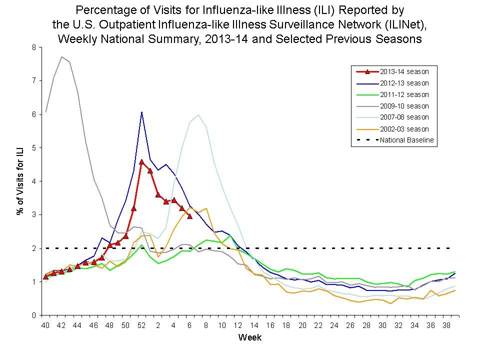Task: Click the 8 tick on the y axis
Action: click(34, 47)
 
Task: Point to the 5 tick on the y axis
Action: click(34, 148)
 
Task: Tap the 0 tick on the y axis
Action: click(34, 315)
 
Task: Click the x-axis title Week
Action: click(249, 337)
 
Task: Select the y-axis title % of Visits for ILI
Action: click(20, 181)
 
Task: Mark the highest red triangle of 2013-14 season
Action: click(142, 162)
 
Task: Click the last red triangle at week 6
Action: click(189, 216)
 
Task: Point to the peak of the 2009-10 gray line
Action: click(61, 57)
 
